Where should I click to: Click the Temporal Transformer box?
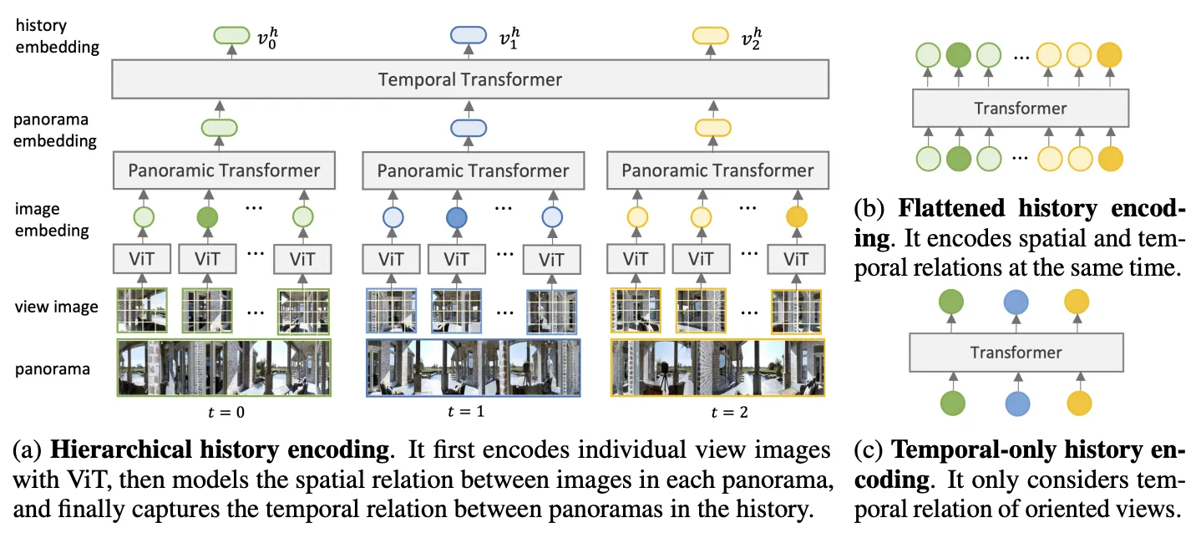pyautogui.click(x=469, y=80)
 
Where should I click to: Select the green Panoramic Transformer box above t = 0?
pyautogui.click(x=224, y=170)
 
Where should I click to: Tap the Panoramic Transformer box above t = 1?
pyautogui.click(x=473, y=170)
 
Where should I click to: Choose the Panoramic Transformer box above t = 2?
pyautogui.click(x=717, y=170)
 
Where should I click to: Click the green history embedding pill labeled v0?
pyautogui.click(x=231, y=35)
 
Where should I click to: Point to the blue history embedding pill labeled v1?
pyautogui.click(x=469, y=35)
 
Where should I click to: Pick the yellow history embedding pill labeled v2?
pyautogui.click(x=712, y=35)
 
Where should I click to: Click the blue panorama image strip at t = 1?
pyautogui.click(x=473, y=367)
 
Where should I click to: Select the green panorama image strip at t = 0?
pyautogui.click(x=224, y=367)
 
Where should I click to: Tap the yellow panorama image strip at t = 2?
pyautogui.click(x=717, y=367)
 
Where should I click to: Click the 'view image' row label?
pyautogui.click(x=57, y=307)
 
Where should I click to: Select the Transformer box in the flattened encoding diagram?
pyautogui.click(x=1021, y=108)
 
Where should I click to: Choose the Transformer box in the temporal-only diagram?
pyautogui.click(x=1016, y=352)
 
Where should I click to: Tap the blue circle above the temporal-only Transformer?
pyautogui.click(x=1016, y=302)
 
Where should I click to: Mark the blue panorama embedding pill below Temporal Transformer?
pyautogui.click(x=469, y=128)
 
